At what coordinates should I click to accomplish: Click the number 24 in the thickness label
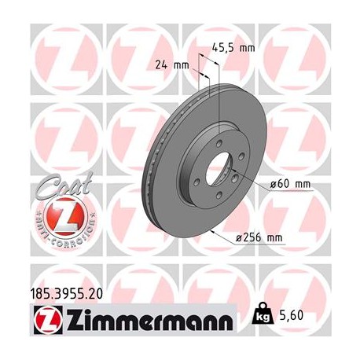point(164,64)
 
